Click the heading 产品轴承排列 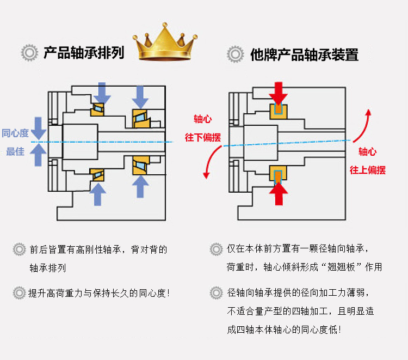click(x=84, y=53)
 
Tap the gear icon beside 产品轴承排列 click(x=29, y=53)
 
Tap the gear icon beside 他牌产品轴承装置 click(x=235, y=54)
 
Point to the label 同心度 click(x=15, y=133)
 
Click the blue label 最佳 click(x=15, y=151)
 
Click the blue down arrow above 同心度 click(x=39, y=128)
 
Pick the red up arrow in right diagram click(x=279, y=193)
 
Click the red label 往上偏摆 click(x=367, y=169)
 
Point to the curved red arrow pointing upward click(x=363, y=125)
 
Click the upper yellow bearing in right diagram click(x=279, y=111)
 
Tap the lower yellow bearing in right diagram click(x=279, y=175)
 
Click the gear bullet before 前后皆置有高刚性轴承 click(x=20, y=250)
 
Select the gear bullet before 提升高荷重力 click(x=20, y=293)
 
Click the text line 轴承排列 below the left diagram click(x=48, y=269)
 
